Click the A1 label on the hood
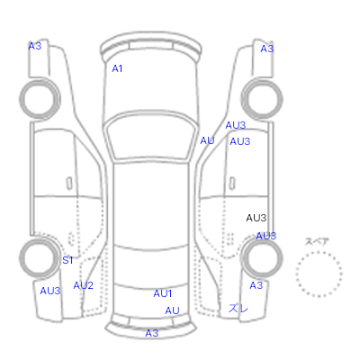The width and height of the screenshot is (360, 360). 117,68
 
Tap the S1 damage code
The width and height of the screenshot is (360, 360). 67,260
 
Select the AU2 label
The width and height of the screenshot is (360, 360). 83,285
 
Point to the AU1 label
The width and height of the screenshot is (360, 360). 163,293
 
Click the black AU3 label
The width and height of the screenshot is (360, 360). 256,218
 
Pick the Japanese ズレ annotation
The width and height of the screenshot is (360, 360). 238,308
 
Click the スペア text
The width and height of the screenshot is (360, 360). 317,241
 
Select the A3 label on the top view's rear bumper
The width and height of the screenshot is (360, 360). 152,333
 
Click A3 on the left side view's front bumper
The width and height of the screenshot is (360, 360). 35,46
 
